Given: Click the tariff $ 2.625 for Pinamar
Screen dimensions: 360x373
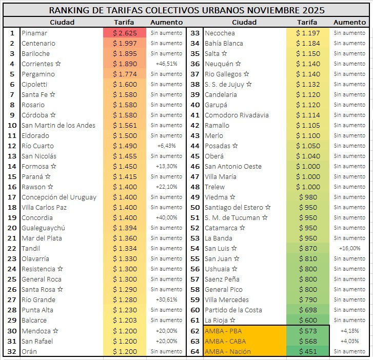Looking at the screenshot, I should pos(125,33).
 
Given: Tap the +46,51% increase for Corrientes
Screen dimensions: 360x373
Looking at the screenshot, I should pos(166,64).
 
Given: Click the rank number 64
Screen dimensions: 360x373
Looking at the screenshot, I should pos(195,351).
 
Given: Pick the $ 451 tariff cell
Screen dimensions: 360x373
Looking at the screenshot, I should pos(307,351).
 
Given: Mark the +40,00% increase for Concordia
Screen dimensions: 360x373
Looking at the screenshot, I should pos(166,217).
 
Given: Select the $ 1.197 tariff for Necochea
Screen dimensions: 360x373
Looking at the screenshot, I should pos(307,33).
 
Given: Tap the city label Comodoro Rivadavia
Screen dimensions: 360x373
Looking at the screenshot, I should pos(236,115).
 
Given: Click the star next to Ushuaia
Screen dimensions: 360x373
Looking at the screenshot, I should pos(234,269).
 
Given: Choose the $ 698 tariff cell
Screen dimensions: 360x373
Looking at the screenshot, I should pos(307,310).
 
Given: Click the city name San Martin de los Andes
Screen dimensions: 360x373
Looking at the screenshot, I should pos(58,125).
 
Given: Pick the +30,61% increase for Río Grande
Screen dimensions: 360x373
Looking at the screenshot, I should pos(166,299).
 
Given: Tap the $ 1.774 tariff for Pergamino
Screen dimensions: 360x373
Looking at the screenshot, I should pos(125,74).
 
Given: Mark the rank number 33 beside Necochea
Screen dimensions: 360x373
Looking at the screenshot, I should pos(195,33).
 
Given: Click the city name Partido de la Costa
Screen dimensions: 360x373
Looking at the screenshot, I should pos(233,310).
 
